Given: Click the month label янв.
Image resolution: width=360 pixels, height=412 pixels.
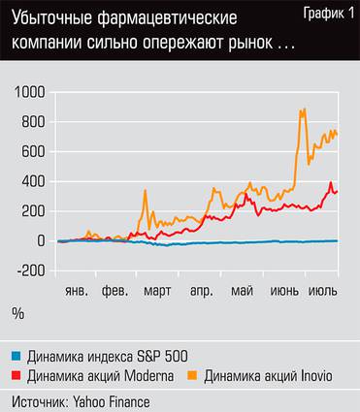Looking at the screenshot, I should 77,290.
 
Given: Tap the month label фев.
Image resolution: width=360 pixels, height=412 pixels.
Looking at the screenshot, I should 115,290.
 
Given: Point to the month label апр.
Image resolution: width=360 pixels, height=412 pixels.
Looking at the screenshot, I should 201,290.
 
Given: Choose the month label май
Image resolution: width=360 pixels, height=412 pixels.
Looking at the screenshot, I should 242,290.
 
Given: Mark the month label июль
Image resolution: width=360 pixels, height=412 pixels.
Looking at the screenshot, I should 322,290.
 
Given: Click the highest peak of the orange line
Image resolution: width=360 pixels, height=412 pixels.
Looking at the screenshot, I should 304,110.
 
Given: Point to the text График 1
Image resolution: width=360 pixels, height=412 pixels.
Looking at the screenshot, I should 327,11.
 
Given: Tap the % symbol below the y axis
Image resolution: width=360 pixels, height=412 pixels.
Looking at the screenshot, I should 17,312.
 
